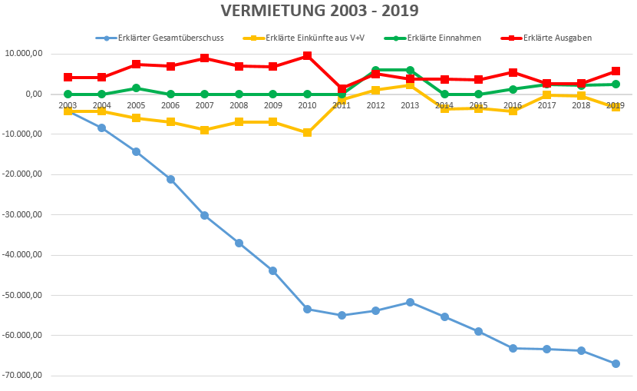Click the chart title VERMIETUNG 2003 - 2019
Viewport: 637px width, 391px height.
coord(319,11)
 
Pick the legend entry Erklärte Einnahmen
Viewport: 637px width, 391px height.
coord(444,38)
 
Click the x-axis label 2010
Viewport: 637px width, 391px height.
coord(307,105)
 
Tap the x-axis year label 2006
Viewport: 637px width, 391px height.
coord(170,105)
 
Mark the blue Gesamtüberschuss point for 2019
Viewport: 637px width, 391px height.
coord(616,363)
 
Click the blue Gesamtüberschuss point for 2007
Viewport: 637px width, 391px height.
coord(204,215)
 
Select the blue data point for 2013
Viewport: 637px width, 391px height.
coord(410,302)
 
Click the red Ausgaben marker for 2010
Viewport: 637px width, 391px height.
coord(307,55)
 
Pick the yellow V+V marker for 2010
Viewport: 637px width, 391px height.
coord(307,133)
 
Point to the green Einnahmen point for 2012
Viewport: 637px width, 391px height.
coord(375,70)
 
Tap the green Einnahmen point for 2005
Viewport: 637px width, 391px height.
coord(136,88)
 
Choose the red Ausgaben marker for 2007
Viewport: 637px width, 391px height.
coord(204,58)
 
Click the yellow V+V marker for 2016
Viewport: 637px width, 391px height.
coord(513,111)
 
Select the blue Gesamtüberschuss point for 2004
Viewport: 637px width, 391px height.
coord(101,128)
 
